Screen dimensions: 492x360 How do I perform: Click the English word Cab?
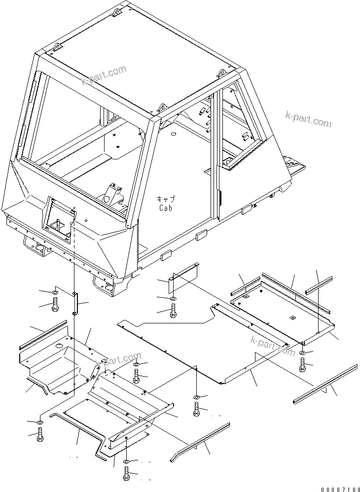[165, 208]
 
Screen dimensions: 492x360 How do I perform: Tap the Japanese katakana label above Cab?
[165, 199]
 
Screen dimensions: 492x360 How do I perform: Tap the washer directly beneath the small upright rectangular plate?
[173, 299]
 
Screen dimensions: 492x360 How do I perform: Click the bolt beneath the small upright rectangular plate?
[173, 311]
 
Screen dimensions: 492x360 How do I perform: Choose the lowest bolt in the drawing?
[126, 474]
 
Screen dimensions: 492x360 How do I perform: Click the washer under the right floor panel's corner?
[302, 354]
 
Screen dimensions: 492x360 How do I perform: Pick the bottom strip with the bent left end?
[200, 442]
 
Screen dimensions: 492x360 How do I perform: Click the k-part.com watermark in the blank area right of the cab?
[308, 119]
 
